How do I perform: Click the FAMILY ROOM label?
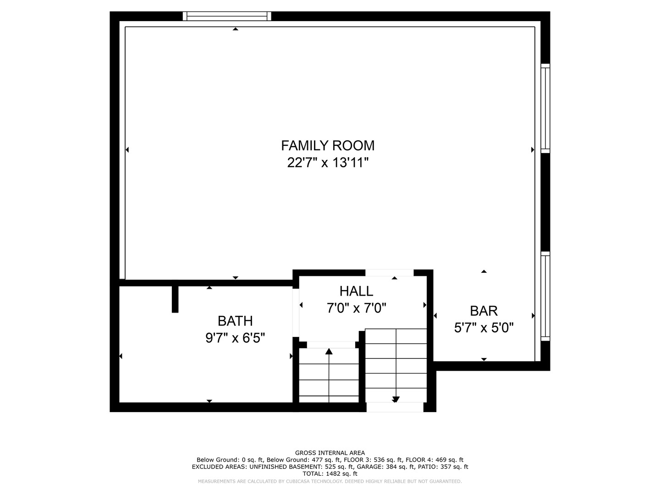(x=328, y=146)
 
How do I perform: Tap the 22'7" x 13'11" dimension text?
(x=328, y=163)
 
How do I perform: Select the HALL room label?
(x=356, y=291)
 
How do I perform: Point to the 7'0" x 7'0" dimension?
(x=356, y=308)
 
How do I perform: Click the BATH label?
(x=235, y=321)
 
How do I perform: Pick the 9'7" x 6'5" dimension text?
(x=235, y=338)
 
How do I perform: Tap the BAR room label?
(x=484, y=311)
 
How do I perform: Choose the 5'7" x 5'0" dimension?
(x=484, y=328)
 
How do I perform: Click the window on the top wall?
(x=227, y=16)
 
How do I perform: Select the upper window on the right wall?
(x=545, y=108)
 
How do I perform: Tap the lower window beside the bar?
(x=545, y=296)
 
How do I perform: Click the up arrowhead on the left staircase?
(x=329, y=352)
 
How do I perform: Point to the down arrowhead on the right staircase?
(x=396, y=399)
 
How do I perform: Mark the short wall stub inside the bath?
(x=175, y=299)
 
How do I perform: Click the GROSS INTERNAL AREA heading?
(x=330, y=453)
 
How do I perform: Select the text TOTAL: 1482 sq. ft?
(x=330, y=473)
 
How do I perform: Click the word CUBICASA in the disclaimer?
(x=298, y=481)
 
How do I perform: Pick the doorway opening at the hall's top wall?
(x=389, y=273)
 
